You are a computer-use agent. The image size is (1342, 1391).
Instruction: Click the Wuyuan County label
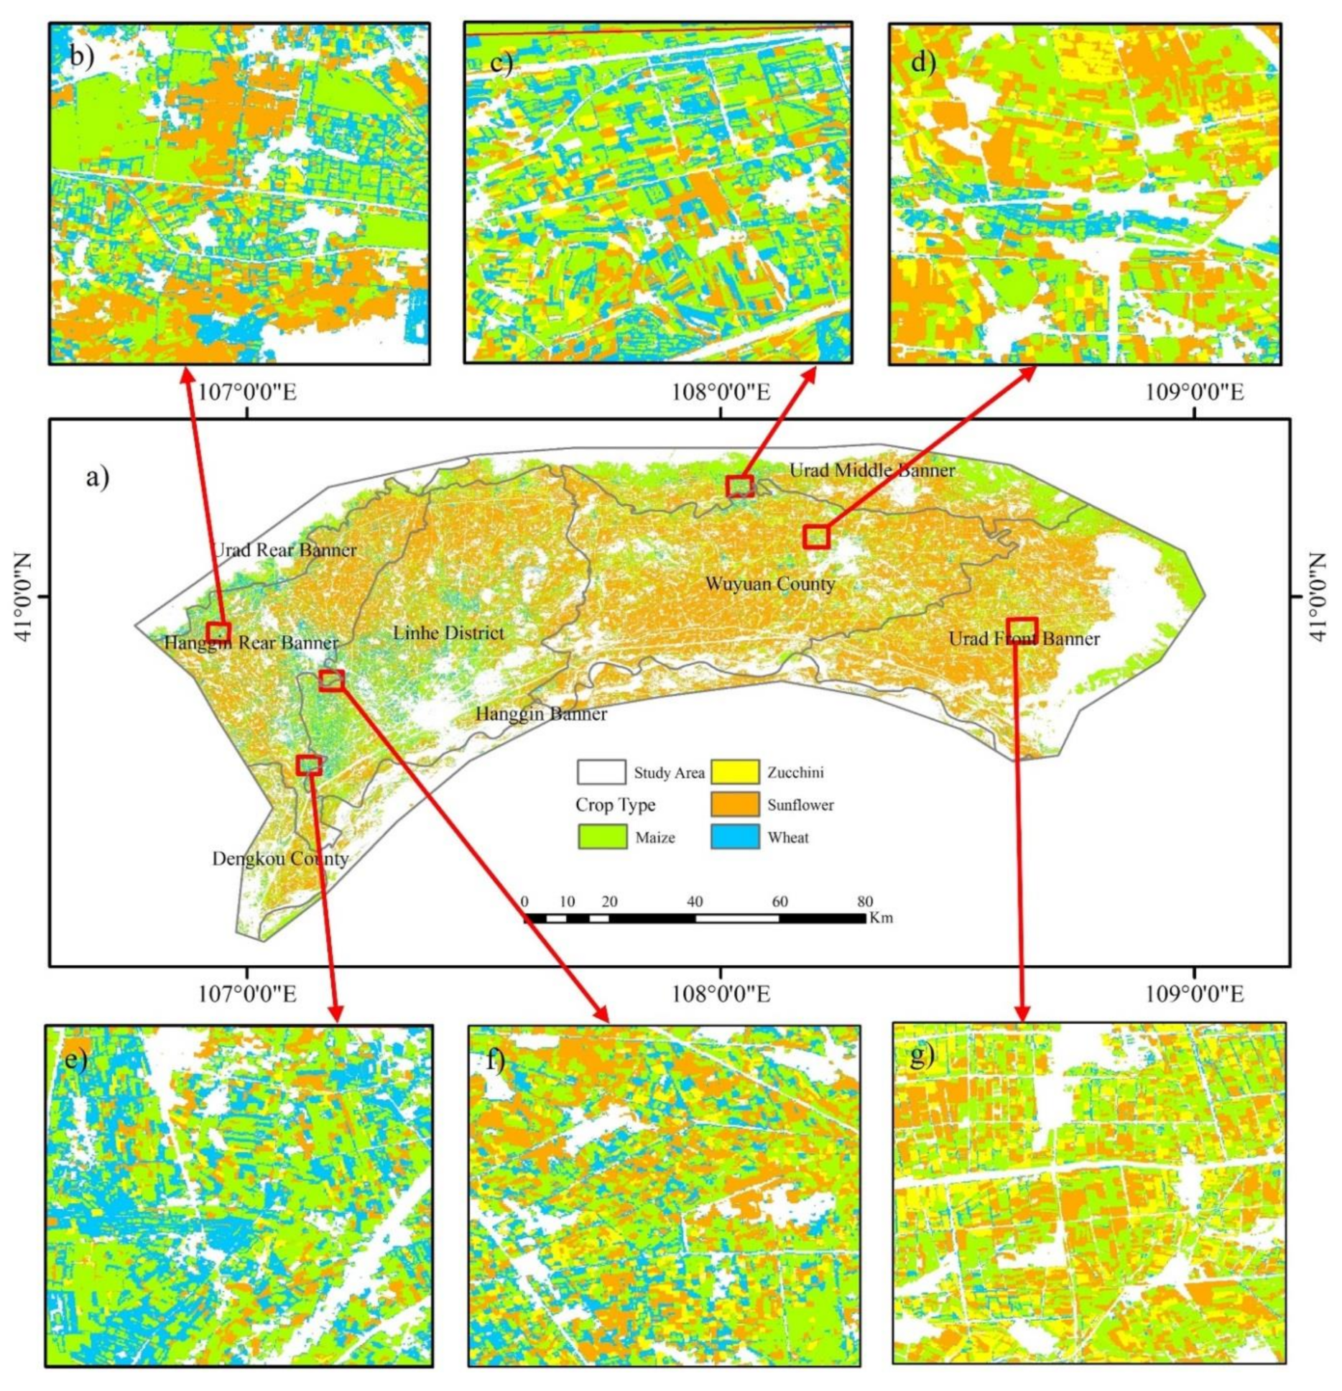(769, 584)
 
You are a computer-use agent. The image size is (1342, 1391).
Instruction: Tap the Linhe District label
(448, 633)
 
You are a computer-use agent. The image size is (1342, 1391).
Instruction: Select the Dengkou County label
(280, 859)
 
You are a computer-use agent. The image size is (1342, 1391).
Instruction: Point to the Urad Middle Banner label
(872, 471)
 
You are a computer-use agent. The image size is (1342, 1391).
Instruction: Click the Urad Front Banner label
(1024, 639)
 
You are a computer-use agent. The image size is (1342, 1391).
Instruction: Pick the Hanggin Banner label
(541, 714)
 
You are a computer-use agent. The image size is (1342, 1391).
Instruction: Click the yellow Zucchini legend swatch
(734, 772)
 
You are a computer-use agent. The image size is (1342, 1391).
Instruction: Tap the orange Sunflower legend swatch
(734, 805)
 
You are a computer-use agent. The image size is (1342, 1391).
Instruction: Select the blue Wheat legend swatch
(734, 837)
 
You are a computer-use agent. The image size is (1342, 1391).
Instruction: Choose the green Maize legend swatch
(602, 837)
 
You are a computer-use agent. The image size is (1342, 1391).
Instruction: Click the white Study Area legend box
(601, 772)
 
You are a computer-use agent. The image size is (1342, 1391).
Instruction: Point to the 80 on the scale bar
(865, 902)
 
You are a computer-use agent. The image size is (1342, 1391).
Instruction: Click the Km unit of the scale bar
(881, 918)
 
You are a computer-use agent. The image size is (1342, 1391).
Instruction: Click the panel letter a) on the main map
(98, 477)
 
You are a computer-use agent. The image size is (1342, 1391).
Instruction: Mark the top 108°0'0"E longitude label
(721, 392)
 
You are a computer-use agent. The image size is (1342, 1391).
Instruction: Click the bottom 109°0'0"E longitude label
(1194, 994)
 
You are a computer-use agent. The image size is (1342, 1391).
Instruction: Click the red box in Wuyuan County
(816, 537)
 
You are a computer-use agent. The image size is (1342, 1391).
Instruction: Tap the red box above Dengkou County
(308, 764)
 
